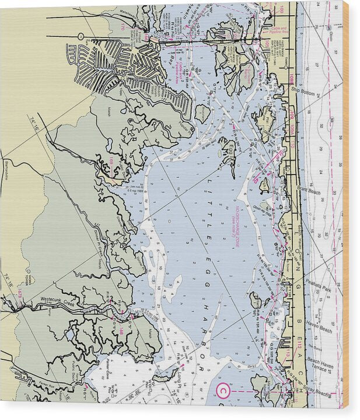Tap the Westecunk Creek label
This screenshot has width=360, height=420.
point(58,299)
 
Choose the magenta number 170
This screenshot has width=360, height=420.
point(123,26)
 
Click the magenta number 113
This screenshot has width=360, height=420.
point(287,353)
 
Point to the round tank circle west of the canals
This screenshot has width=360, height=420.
point(81,36)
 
